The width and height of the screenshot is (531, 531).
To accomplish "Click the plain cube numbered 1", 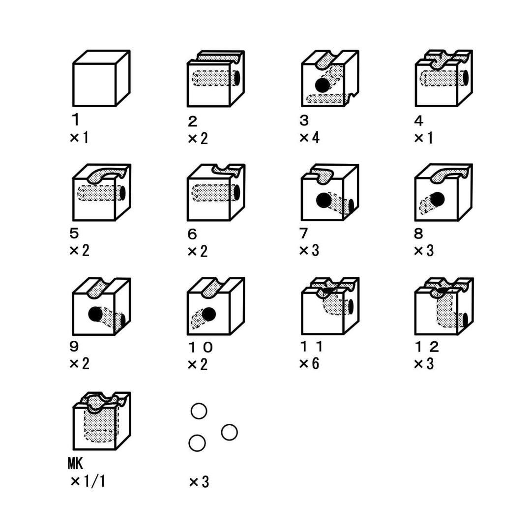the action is coord(102,78).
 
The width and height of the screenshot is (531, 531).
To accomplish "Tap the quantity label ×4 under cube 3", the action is coord(310,138).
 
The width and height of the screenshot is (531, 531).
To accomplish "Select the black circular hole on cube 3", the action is coord(322,85).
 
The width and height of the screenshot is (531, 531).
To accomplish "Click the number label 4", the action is coord(418,120).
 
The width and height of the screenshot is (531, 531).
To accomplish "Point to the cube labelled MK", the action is coord(102,421).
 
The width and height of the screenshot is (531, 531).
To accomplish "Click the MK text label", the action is coord(75,463).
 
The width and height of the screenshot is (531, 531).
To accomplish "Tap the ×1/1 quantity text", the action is coord(88,481).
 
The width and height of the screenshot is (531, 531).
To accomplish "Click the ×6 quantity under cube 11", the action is coord(309,363).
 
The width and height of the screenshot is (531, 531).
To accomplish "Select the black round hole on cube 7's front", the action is coord(324,200).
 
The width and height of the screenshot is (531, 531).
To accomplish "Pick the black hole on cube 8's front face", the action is coord(437,199).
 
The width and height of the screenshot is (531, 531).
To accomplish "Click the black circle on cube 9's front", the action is coord(95,314).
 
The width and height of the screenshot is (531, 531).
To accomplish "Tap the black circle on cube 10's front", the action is coord(208,314).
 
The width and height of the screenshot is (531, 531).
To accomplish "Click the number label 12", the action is coord(427,347).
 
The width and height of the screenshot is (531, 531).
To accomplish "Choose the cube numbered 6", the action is coord(216,192).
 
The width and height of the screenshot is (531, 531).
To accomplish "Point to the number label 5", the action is coord(74,233).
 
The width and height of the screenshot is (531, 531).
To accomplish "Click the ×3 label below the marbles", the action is coord(199,482).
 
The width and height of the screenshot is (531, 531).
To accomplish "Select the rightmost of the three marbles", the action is coord(229,432).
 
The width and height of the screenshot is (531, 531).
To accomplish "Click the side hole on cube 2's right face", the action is coord(236,78).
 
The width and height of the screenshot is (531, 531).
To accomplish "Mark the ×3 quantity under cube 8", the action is coord(424,251).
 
